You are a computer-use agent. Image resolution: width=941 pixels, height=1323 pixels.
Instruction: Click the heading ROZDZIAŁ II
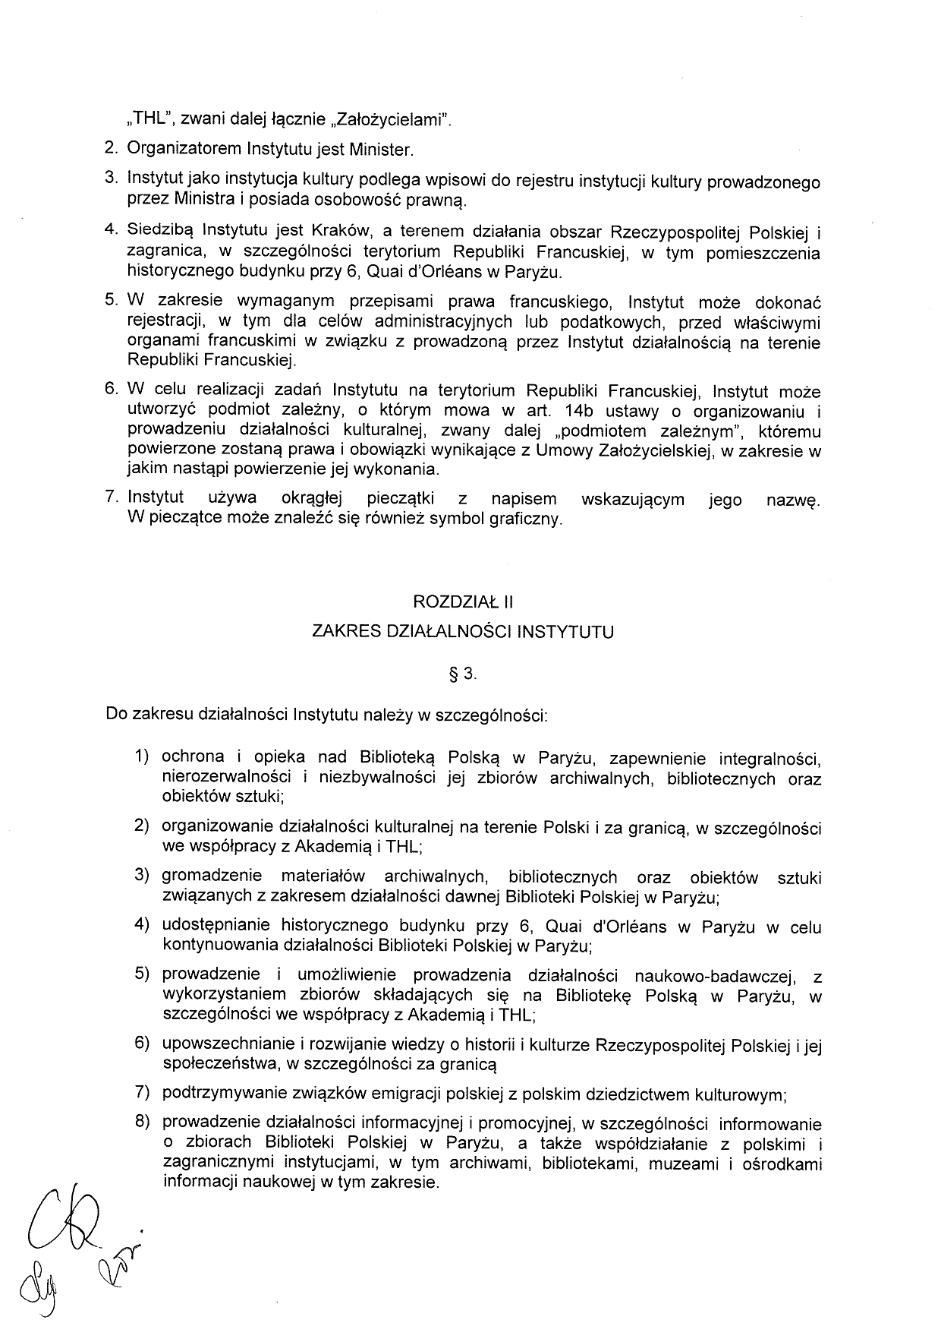point(463,602)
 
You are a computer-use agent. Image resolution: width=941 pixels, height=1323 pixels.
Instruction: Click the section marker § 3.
point(462,674)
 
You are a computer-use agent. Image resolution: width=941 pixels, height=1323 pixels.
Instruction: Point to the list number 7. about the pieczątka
point(113,498)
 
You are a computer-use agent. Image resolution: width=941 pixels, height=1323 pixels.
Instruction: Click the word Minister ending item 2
point(382,150)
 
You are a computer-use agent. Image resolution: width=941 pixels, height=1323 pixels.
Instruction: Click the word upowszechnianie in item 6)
point(226,1045)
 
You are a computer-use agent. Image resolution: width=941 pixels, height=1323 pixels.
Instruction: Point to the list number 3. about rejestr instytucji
point(112,178)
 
